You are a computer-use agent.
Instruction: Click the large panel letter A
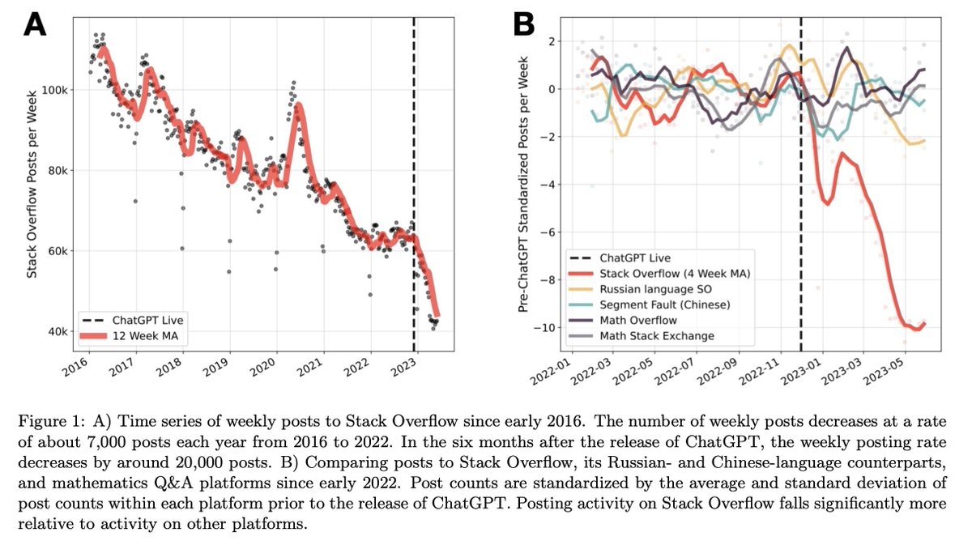(x=36, y=23)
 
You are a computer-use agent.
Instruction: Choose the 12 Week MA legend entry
(x=143, y=333)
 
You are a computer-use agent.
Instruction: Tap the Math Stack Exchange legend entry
(x=655, y=336)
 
